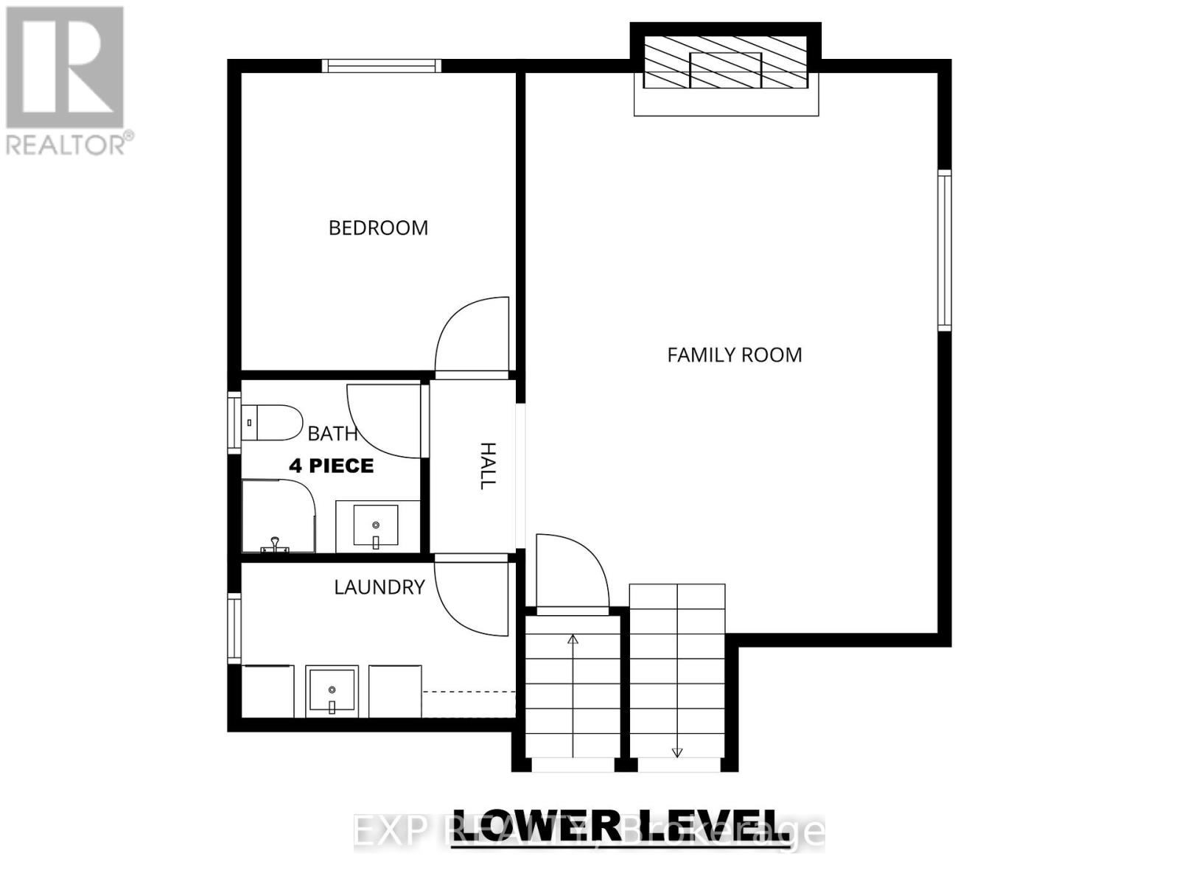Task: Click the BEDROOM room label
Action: [x=378, y=228]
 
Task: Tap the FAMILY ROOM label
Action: [x=734, y=355]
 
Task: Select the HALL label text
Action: [x=488, y=466]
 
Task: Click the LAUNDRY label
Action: [x=379, y=587]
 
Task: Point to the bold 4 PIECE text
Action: [x=332, y=466]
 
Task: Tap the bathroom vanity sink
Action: [x=376, y=526]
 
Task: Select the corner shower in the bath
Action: [x=278, y=516]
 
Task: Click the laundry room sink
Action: [x=332, y=691]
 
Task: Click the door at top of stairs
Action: [x=571, y=572]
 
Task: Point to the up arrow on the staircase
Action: [x=573, y=639]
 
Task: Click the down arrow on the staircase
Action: [x=677, y=752]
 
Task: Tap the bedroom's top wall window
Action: [x=382, y=66]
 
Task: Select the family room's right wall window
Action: [x=944, y=250]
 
